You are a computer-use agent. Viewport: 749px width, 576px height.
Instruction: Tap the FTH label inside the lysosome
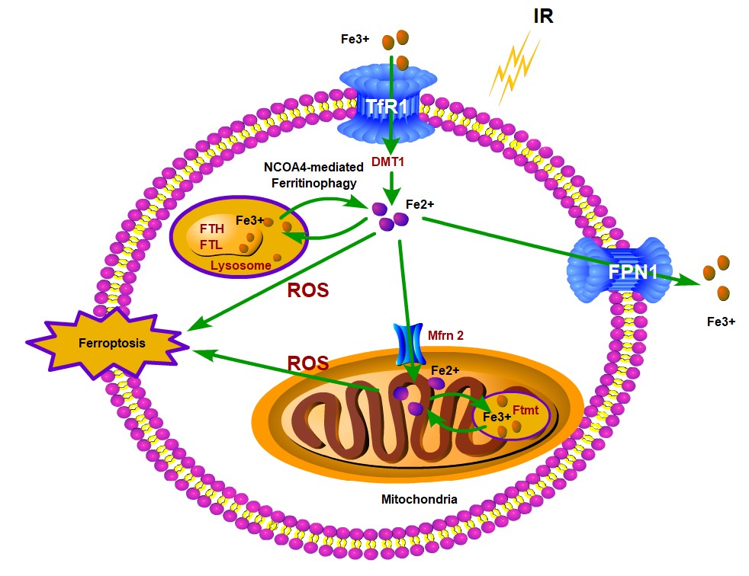(211, 229)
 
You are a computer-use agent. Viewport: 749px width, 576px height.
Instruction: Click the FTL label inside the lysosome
(211, 244)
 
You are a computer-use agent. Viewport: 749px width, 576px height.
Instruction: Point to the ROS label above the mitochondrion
(307, 363)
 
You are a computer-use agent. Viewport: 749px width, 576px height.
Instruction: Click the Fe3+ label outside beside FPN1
(720, 322)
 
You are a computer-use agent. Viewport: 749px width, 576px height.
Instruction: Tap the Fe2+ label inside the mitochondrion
(445, 370)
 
